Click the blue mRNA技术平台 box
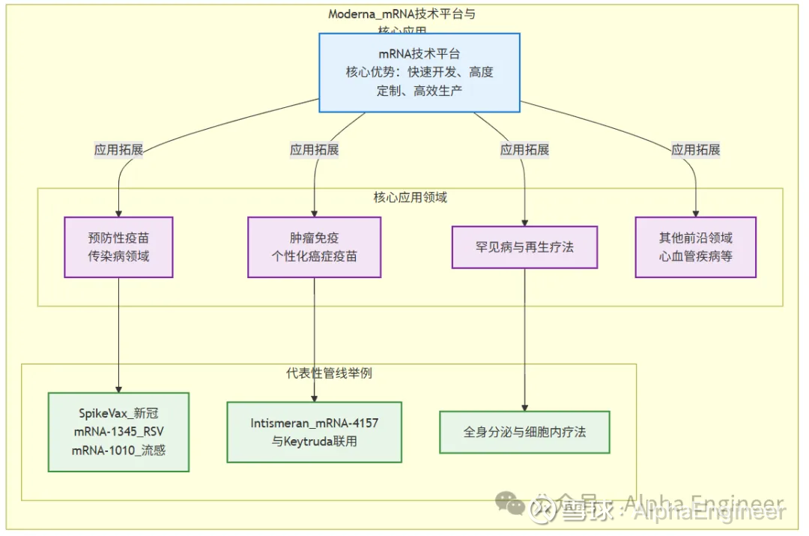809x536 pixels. click(419, 73)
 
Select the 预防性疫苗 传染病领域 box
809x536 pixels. click(118, 247)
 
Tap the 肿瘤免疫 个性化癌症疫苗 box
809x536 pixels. click(314, 247)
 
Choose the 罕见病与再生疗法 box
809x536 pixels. click(524, 247)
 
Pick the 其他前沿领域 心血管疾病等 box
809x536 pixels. click(695, 247)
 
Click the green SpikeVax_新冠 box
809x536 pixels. click(118, 432)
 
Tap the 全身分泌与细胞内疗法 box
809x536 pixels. click(524, 432)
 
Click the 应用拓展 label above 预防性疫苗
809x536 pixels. click(118, 150)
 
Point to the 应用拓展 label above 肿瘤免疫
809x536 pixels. click(314, 150)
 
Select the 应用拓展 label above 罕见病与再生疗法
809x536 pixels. click(524, 150)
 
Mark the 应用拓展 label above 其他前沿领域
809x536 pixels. click(695, 150)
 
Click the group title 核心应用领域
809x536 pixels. click(410, 198)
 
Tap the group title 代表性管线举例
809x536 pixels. click(329, 373)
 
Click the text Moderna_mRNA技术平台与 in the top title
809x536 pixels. click(402, 14)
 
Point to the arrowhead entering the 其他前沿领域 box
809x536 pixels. click(695, 213)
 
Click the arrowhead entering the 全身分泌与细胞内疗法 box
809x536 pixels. click(524, 406)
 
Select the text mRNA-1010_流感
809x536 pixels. click(118, 451)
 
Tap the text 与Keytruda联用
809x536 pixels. click(314, 441)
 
